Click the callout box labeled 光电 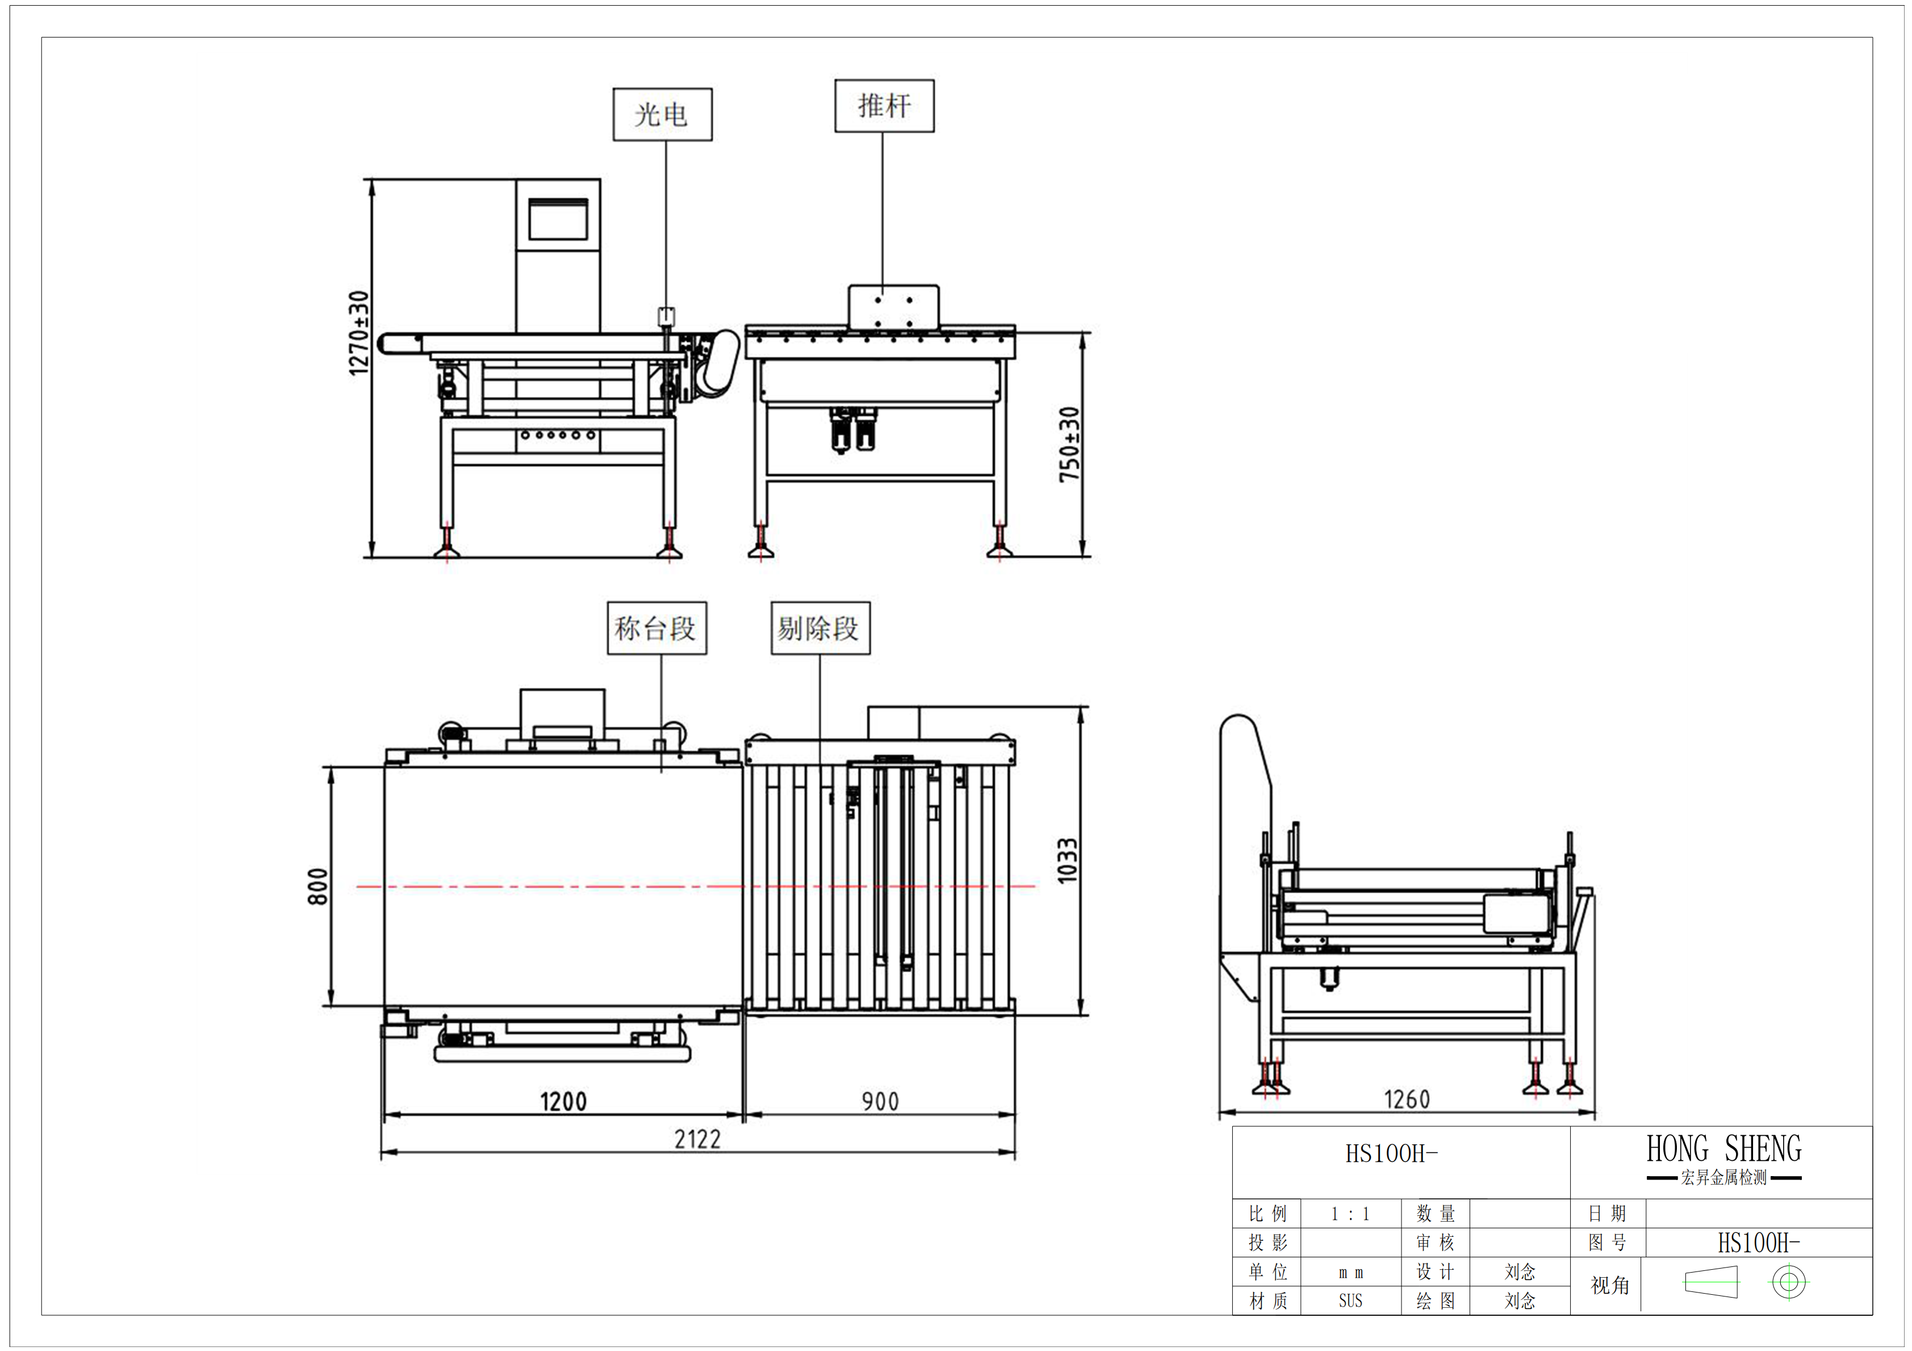[x=662, y=114]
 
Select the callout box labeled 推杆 [x=884, y=106]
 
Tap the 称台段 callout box [x=656, y=628]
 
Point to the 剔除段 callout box [x=819, y=628]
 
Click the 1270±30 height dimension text [x=359, y=333]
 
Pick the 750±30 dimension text [x=1069, y=444]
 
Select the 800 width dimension [x=318, y=886]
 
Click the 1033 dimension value [x=1068, y=860]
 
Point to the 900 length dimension [x=880, y=1101]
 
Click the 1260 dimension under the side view [x=1407, y=1099]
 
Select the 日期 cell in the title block [x=1606, y=1214]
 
